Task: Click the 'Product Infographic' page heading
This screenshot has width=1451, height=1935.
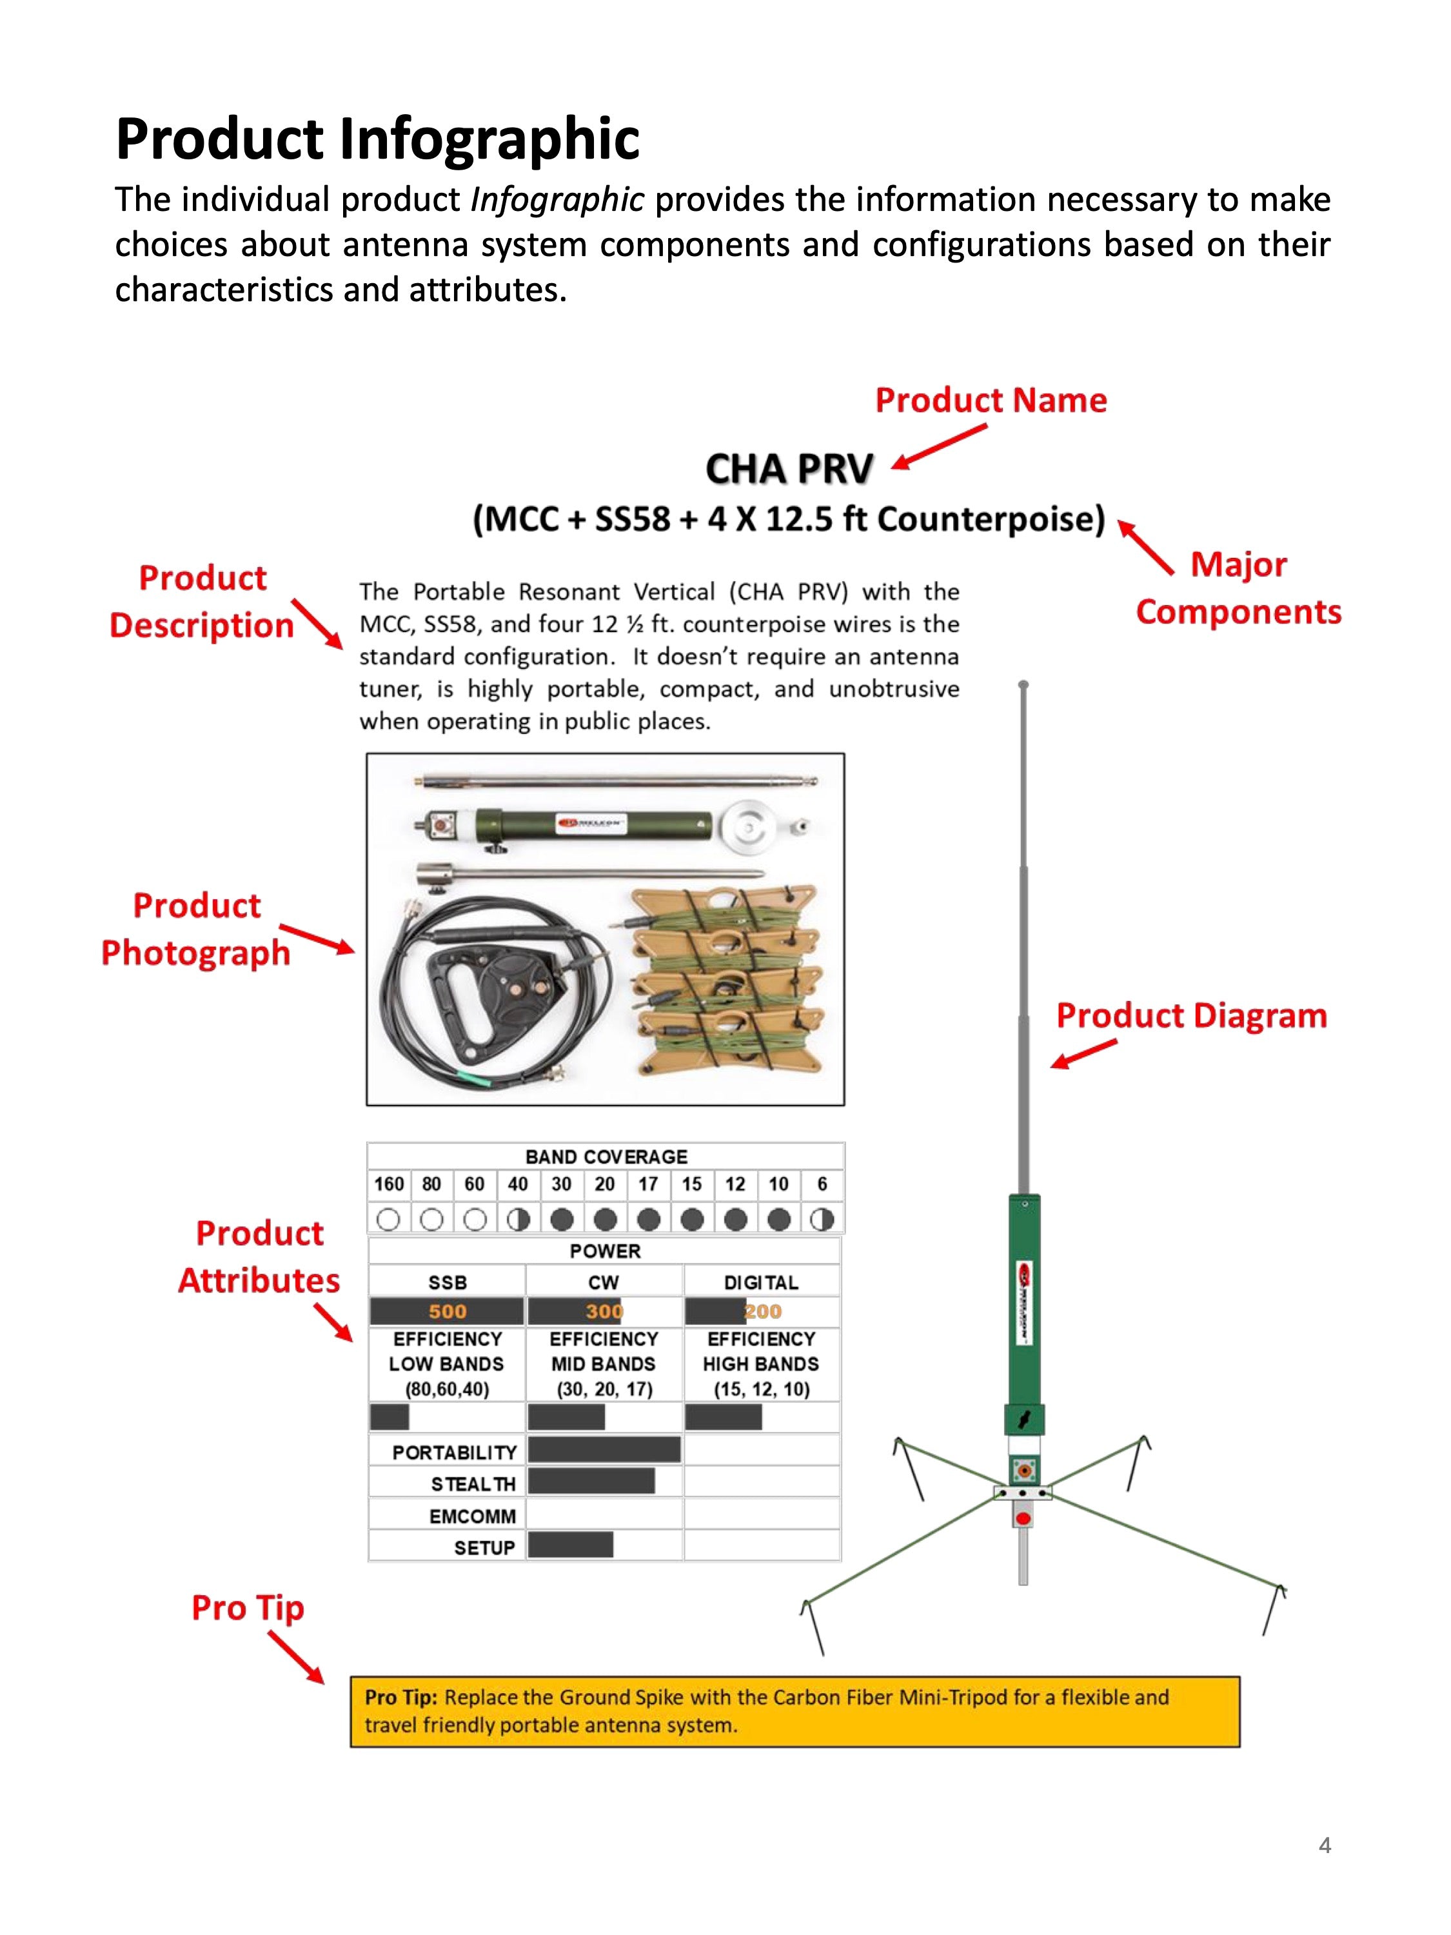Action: (x=377, y=138)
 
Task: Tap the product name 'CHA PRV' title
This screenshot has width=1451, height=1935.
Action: (x=789, y=470)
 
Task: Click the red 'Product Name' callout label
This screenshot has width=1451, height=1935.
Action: (x=991, y=400)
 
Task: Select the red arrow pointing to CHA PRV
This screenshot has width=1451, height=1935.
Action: (x=940, y=447)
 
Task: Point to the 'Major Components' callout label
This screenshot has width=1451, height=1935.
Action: (x=1238, y=588)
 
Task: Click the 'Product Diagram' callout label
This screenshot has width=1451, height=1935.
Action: (x=1191, y=1016)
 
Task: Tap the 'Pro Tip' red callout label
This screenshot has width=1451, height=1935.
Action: (x=248, y=1608)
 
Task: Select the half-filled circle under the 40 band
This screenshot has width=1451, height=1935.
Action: (x=518, y=1218)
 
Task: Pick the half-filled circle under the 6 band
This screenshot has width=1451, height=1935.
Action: (x=822, y=1218)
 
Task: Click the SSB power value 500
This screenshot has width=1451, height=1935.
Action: (x=447, y=1311)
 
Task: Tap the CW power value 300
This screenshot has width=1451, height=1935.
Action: (x=604, y=1311)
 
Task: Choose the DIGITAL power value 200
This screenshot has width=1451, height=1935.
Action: (x=763, y=1311)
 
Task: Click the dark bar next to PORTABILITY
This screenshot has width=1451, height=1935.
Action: (x=604, y=1449)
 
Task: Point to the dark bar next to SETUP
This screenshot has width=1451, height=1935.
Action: (x=570, y=1545)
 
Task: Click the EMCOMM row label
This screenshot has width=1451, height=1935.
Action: (x=472, y=1516)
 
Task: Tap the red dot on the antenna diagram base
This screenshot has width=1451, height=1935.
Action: (x=1022, y=1518)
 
